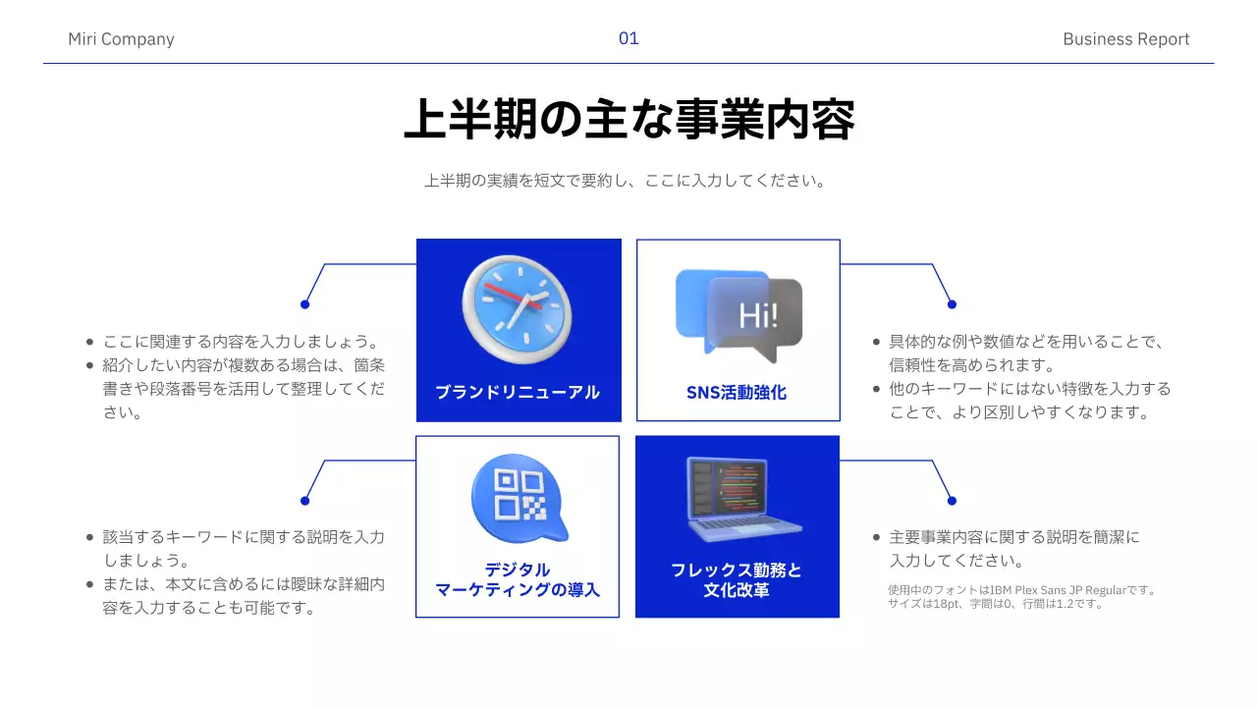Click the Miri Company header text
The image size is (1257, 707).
point(121,39)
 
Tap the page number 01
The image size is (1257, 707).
point(628,38)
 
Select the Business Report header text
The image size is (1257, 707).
point(1125,39)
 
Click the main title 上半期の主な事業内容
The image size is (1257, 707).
point(628,120)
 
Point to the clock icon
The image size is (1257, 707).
point(517,308)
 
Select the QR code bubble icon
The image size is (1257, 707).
point(519,498)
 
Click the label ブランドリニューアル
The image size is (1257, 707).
point(518,392)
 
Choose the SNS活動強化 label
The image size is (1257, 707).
point(737,392)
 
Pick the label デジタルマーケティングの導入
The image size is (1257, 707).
point(518,579)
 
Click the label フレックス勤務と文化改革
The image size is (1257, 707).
point(737,579)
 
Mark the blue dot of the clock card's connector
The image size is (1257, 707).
point(304,304)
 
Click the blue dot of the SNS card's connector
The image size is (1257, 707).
point(952,304)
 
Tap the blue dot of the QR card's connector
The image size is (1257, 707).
point(304,501)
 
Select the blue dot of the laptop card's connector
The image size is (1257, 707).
point(952,501)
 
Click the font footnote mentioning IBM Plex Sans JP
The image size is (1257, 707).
point(1021,597)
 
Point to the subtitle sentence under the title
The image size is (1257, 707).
point(625,181)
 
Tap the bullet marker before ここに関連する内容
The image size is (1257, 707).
point(90,343)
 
